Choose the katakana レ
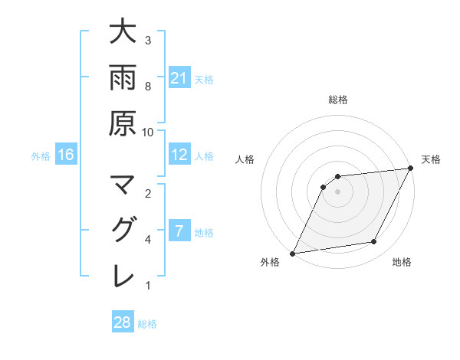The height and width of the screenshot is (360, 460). point(122,275)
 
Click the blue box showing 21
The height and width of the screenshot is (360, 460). point(179,78)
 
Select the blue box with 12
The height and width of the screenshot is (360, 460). point(179,155)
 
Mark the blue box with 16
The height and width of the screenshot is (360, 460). point(66,155)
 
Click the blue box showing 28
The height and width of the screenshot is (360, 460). point(123,322)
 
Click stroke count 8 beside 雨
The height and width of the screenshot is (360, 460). point(148,87)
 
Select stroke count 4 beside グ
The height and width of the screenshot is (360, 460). point(148,240)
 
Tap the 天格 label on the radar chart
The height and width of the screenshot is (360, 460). point(431,159)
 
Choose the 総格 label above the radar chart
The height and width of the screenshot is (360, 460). point(337,100)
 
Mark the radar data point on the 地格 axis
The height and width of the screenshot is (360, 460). point(374,242)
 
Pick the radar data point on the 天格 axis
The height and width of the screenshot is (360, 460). point(411,169)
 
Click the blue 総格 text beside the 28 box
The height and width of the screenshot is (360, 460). point(147,324)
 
